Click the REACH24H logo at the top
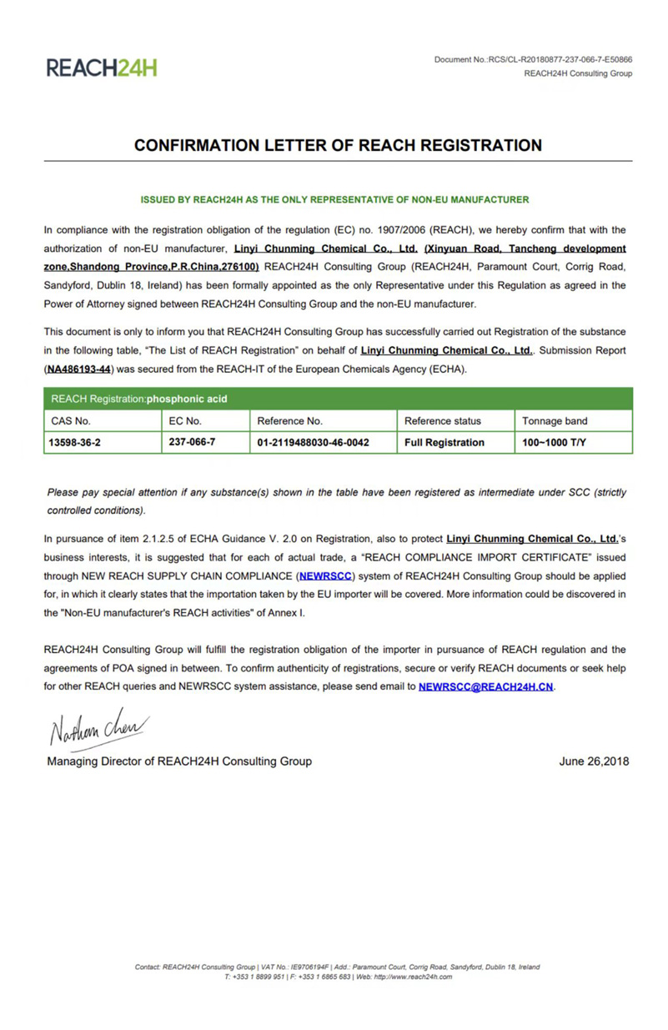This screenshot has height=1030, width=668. coord(102,68)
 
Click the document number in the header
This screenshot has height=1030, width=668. coord(533,59)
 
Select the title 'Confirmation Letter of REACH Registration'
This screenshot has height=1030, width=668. coord(338,145)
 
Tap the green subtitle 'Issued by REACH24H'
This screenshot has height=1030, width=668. coord(334,199)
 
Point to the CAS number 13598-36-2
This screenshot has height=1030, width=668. coord(76,442)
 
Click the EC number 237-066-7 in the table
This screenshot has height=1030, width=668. coord(192,442)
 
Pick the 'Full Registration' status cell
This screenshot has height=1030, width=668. coord(444,442)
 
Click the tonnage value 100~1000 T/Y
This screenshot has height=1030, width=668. coord(555,442)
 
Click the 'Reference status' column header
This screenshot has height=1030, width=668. coord(443,421)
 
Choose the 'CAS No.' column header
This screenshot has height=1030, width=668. coord(71,421)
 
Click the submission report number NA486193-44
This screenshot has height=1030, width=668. coord(78,369)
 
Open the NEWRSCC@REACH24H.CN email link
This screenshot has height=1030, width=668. coord(486,686)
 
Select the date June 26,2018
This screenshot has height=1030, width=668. coord(595,761)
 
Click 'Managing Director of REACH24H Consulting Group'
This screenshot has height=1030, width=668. coord(179,761)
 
